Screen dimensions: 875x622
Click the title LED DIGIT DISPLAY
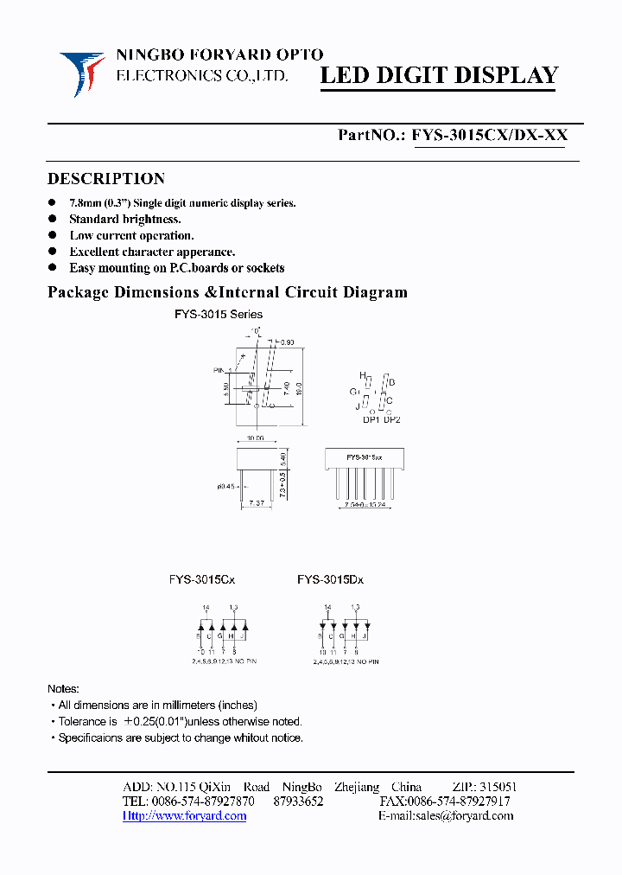[439, 76]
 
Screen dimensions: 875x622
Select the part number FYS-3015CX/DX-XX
[489, 135]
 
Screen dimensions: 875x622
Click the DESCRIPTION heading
[106, 179]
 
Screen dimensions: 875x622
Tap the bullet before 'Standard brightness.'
[52, 220]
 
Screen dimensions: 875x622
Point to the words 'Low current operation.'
[131, 235]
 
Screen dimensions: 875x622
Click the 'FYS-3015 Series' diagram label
[219, 314]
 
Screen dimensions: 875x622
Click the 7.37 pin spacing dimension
[257, 503]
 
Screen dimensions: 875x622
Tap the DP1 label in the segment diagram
[371, 419]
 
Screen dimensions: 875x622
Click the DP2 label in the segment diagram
[392, 419]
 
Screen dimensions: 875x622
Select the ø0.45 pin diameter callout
[225, 486]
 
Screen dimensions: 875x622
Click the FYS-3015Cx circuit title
[202, 580]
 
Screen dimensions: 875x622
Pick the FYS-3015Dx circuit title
[330, 580]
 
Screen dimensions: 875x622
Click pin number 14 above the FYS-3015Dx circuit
[326, 608]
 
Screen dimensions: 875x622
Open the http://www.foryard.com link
[184, 816]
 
